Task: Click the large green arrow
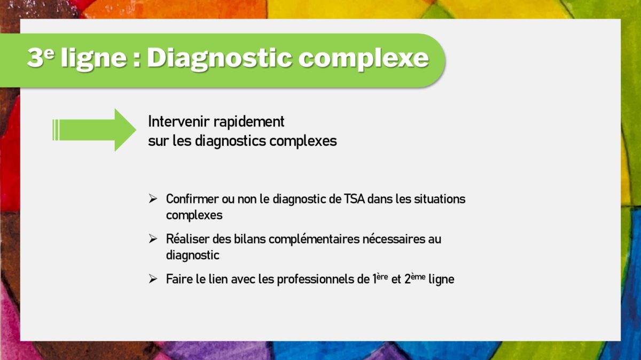[x=95, y=130]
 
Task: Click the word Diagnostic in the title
[x=220, y=59]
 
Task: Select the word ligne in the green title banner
[x=94, y=59]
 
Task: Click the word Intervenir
[x=178, y=121]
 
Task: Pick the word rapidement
[x=249, y=122]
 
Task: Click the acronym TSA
[x=354, y=199]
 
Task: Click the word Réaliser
[x=187, y=239]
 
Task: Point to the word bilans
[x=250, y=239]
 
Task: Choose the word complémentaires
[x=314, y=239]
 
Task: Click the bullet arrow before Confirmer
[x=153, y=199]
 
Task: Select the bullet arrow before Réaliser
[x=153, y=239]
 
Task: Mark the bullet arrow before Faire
[x=153, y=279]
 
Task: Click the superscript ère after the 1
[x=382, y=277]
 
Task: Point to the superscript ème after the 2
[x=418, y=277]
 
